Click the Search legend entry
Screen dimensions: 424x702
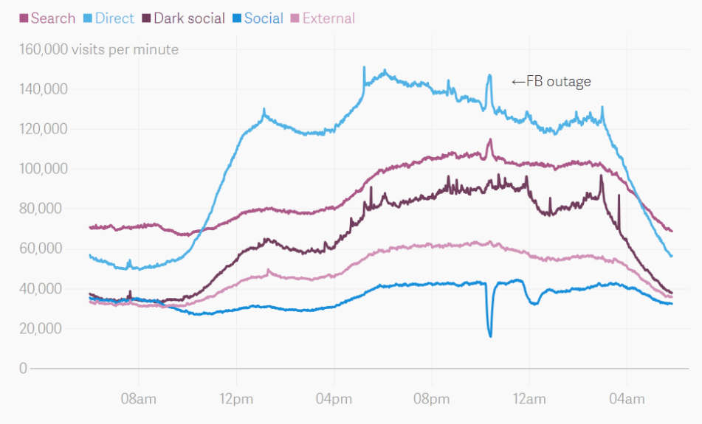click(x=47, y=18)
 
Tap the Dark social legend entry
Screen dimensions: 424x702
click(x=184, y=18)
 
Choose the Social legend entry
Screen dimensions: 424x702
click(x=258, y=18)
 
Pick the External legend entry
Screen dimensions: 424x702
click(x=323, y=18)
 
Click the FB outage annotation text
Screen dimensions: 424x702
click(x=551, y=82)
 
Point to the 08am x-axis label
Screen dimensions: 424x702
click(x=138, y=399)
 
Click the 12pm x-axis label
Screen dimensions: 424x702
click(x=236, y=399)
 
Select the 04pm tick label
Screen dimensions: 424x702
click(x=334, y=399)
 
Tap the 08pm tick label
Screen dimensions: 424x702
click(x=431, y=399)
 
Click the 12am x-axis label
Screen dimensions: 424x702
click(x=529, y=399)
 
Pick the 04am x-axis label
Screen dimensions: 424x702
click(x=626, y=399)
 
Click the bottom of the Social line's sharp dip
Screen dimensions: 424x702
click(x=490, y=336)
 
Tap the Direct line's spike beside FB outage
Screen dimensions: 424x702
click(x=489, y=75)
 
